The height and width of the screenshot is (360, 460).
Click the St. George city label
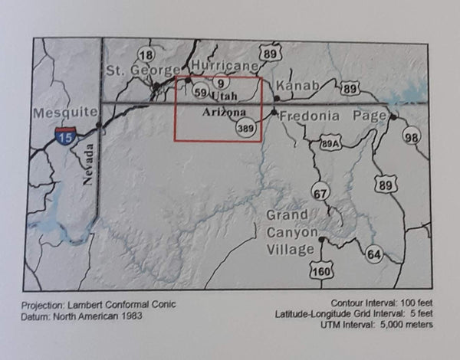point(136,71)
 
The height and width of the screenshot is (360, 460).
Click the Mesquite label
point(65,113)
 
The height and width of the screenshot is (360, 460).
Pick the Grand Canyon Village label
point(291,232)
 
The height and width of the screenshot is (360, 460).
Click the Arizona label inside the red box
point(222,113)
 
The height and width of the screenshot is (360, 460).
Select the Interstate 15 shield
point(65,137)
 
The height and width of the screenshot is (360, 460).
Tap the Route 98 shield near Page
point(412,137)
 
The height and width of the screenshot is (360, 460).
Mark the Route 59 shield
point(201,93)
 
